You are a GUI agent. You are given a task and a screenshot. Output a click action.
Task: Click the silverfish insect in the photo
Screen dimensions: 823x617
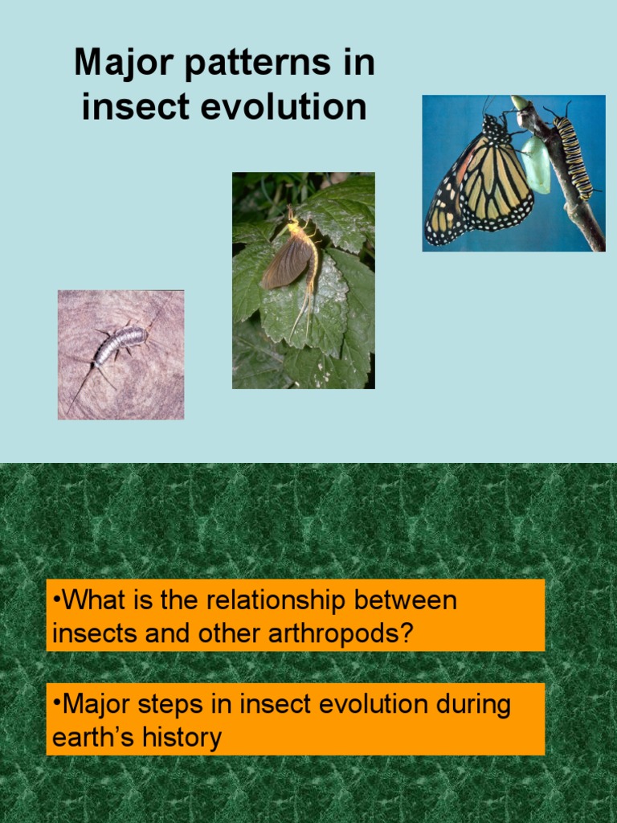(119, 345)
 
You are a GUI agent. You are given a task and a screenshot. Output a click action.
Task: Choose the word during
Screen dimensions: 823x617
(472, 705)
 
